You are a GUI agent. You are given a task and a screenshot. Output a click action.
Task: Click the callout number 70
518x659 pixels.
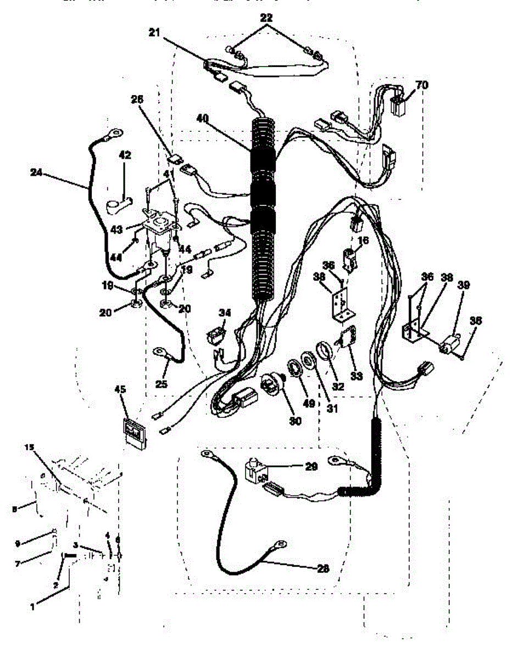pyautogui.click(x=422, y=85)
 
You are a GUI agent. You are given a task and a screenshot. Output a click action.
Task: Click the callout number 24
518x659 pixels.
pyautogui.click(x=37, y=172)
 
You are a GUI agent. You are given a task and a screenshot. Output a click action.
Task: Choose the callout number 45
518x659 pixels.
pyautogui.click(x=120, y=389)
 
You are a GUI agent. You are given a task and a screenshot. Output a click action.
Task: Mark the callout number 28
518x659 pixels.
pyautogui.click(x=323, y=569)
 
